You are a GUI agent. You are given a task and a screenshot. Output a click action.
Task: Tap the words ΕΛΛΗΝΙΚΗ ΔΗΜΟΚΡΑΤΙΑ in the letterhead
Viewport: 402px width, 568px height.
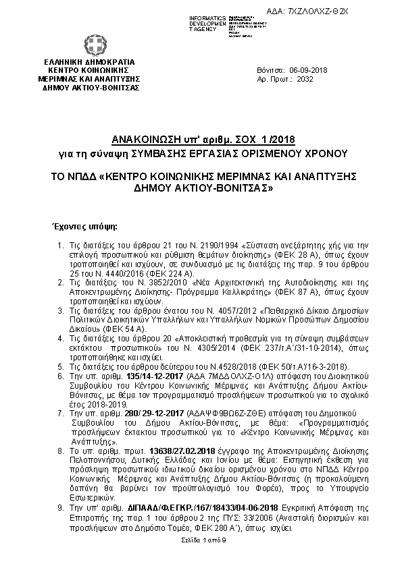pyautogui.click(x=90, y=62)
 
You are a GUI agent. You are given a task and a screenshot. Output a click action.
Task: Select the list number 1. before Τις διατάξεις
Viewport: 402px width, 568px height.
pyautogui.click(x=60, y=244)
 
